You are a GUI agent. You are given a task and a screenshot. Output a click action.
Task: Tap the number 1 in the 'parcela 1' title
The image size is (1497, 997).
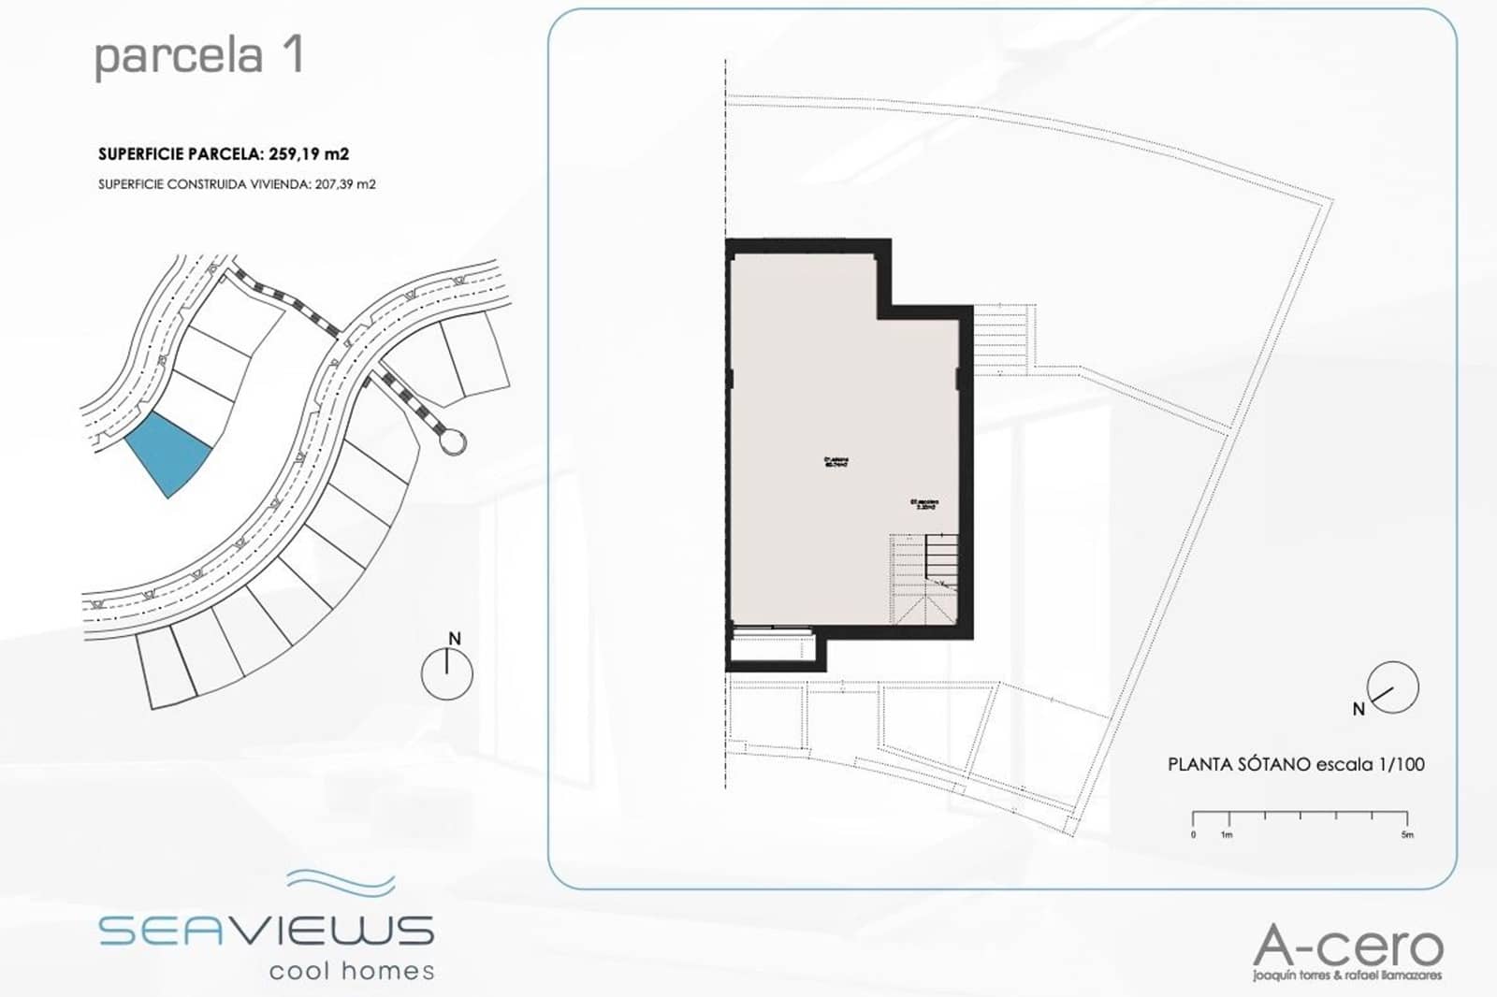(x=292, y=55)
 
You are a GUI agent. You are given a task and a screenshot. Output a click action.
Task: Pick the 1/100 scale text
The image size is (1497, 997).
(x=1402, y=764)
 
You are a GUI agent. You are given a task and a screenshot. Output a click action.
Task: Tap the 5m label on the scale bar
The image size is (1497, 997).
(x=1407, y=834)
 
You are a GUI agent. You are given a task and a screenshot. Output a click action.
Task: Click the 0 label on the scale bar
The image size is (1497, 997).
(x=1193, y=834)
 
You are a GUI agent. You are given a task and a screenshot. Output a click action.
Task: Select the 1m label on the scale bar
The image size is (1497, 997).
(x=1226, y=834)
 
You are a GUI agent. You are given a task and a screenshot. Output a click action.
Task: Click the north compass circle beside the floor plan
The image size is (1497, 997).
(x=1393, y=687)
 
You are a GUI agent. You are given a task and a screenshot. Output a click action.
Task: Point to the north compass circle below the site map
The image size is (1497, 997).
(x=446, y=673)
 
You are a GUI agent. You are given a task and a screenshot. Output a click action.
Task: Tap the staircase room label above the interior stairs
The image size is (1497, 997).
(x=923, y=504)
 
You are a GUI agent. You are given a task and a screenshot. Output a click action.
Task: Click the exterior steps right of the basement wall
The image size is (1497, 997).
(x=1002, y=340)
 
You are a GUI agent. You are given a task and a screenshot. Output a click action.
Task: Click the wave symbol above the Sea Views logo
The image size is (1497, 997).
(x=341, y=881)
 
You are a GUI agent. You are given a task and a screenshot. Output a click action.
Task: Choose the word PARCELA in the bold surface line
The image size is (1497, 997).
(x=217, y=154)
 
